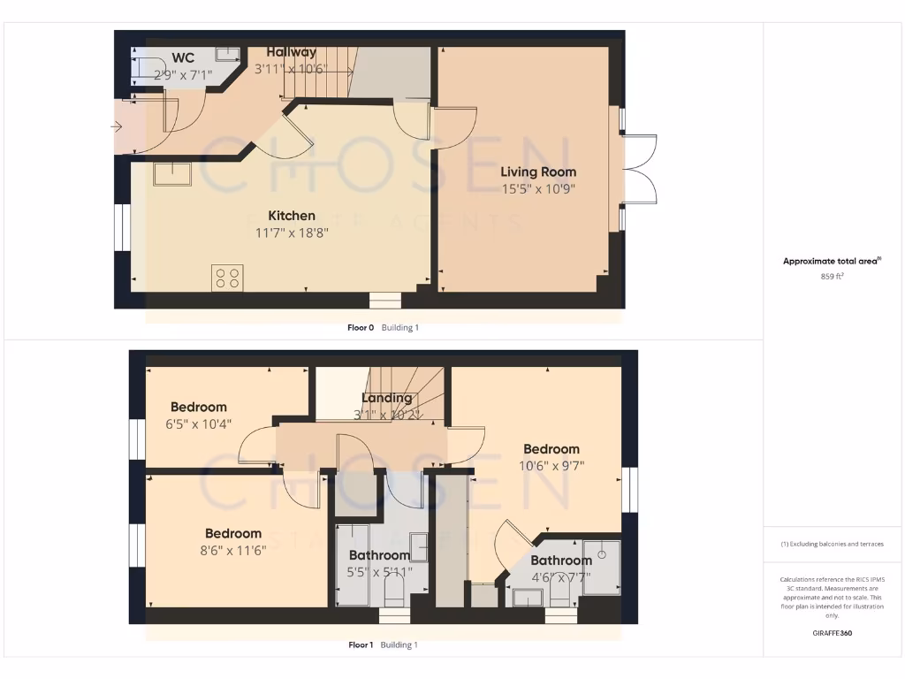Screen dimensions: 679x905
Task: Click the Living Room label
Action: (538, 172)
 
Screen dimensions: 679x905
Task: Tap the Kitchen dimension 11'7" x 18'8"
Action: (292, 233)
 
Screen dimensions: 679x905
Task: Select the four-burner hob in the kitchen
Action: (226, 278)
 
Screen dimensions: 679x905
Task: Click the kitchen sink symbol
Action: (172, 173)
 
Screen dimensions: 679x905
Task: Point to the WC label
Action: (183, 58)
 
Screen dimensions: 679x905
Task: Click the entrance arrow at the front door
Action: (117, 127)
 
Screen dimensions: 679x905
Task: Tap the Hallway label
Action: (291, 52)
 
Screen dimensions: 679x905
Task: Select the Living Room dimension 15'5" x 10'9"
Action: (538, 188)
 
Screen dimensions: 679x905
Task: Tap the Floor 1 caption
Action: (361, 645)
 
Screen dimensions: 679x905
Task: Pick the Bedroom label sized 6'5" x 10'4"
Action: (199, 407)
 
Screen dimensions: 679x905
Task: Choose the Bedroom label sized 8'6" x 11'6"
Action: (233, 533)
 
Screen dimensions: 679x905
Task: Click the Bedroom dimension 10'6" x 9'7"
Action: (551, 465)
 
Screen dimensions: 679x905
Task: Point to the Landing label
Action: (387, 398)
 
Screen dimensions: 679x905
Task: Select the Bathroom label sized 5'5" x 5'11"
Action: (378, 555)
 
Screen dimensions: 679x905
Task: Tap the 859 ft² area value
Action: (831, 276)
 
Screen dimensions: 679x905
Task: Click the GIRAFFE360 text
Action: (831, 633)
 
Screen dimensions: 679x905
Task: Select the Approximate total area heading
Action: (831, 261)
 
